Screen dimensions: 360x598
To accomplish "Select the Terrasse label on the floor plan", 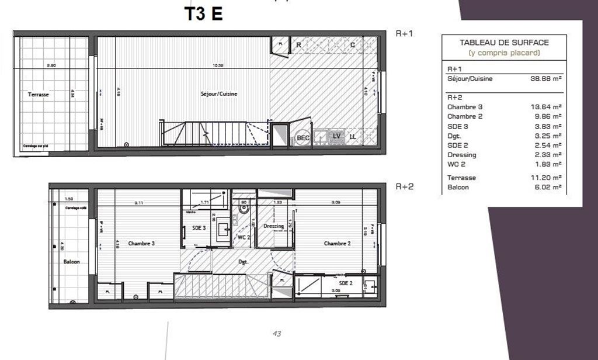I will pyautogui.click(x=39, y=94).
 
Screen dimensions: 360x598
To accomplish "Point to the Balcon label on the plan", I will pyautogui.click(x=71, y=262).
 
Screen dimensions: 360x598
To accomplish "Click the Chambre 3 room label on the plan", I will pyautogui.click(x=141, y=243).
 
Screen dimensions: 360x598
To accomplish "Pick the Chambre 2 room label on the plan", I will pyautogui.click(x=336, y=243).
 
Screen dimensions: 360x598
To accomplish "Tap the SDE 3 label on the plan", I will pyautogui.click(x=199, y=228).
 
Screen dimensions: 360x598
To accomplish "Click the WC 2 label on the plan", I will pyautogui.click(x=244, y=238).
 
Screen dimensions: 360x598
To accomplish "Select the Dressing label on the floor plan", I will pyautogui.click(x=273, y=226).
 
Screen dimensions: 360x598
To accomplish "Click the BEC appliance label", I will pyautogui.click(x=303, y=138).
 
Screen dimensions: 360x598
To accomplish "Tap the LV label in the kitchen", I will pyautogui.click(x=336, y=137).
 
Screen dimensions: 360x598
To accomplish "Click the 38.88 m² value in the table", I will pyautogui.click(x=549, y=79).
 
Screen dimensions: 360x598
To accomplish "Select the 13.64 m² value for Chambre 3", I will pyautogui.click(x=549, y=107).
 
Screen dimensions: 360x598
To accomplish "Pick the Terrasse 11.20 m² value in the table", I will pyautogui.click(x=549, y=178).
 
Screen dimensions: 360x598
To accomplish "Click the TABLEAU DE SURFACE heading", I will pyautogui.click(x=504, y=43).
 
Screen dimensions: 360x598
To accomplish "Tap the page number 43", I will pyautogui.click(x=277, y=334).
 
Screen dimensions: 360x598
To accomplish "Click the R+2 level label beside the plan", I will pyautogui.click(x=404, y=187).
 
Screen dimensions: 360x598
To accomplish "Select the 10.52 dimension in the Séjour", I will pyautogui.click(x=219, y=65).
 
